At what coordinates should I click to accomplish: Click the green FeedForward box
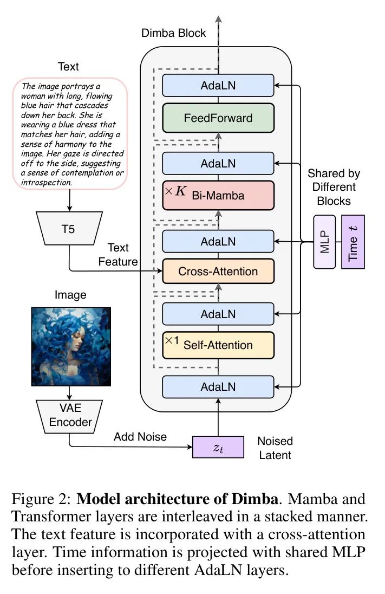(218, 117)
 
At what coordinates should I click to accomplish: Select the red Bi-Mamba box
(218, 195)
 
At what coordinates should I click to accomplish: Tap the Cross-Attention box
(218, 272)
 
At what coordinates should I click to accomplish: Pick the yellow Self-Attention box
(218, 345)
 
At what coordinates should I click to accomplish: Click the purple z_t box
(216, 448)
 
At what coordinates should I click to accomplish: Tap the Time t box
(353, 241)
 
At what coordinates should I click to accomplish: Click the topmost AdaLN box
(218, 86)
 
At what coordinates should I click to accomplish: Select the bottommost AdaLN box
(218, 386)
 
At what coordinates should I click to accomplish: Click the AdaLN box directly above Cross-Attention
(218, 241)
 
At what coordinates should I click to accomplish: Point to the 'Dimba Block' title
(173, 33)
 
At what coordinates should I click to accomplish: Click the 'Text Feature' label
(118, 255)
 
